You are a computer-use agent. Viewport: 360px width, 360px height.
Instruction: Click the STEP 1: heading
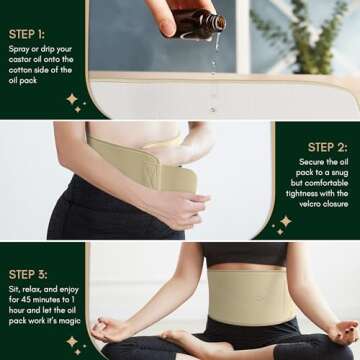pyautogui.click(x=27, y=34)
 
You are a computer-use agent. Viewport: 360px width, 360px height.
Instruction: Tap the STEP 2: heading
pyautogui.click(x=328, y=147)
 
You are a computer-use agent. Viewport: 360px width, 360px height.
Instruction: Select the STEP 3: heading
pyautogui.click(x=28, y=275)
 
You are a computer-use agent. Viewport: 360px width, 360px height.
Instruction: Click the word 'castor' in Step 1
pyautogui.click(x=20, y=60)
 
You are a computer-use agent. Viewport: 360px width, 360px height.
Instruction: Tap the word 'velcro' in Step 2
pyautogui.click(x=310, y=204)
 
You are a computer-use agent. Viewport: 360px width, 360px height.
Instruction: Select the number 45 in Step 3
pyautogui.click(x=27, y=300)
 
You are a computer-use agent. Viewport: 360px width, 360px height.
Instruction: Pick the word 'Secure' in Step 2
pyautogui.click(x=311, y=162)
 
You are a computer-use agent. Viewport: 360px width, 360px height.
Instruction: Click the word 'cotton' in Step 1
pyautogui.click(x=20, y=70)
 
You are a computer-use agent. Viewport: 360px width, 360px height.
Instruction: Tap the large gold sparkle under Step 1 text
pyautogui.click(x=72, y=99)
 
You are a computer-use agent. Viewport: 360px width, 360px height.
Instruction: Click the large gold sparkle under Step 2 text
pyautogui.click(x=286, y=221)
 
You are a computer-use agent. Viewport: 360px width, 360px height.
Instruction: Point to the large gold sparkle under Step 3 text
pyautogui.click(x=72, y=341)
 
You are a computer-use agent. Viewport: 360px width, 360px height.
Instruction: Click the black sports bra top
pyautogui.click(x=246, y=254)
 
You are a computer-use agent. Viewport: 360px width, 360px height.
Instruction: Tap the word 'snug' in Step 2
pyautogui.click(x=340, y=173)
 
